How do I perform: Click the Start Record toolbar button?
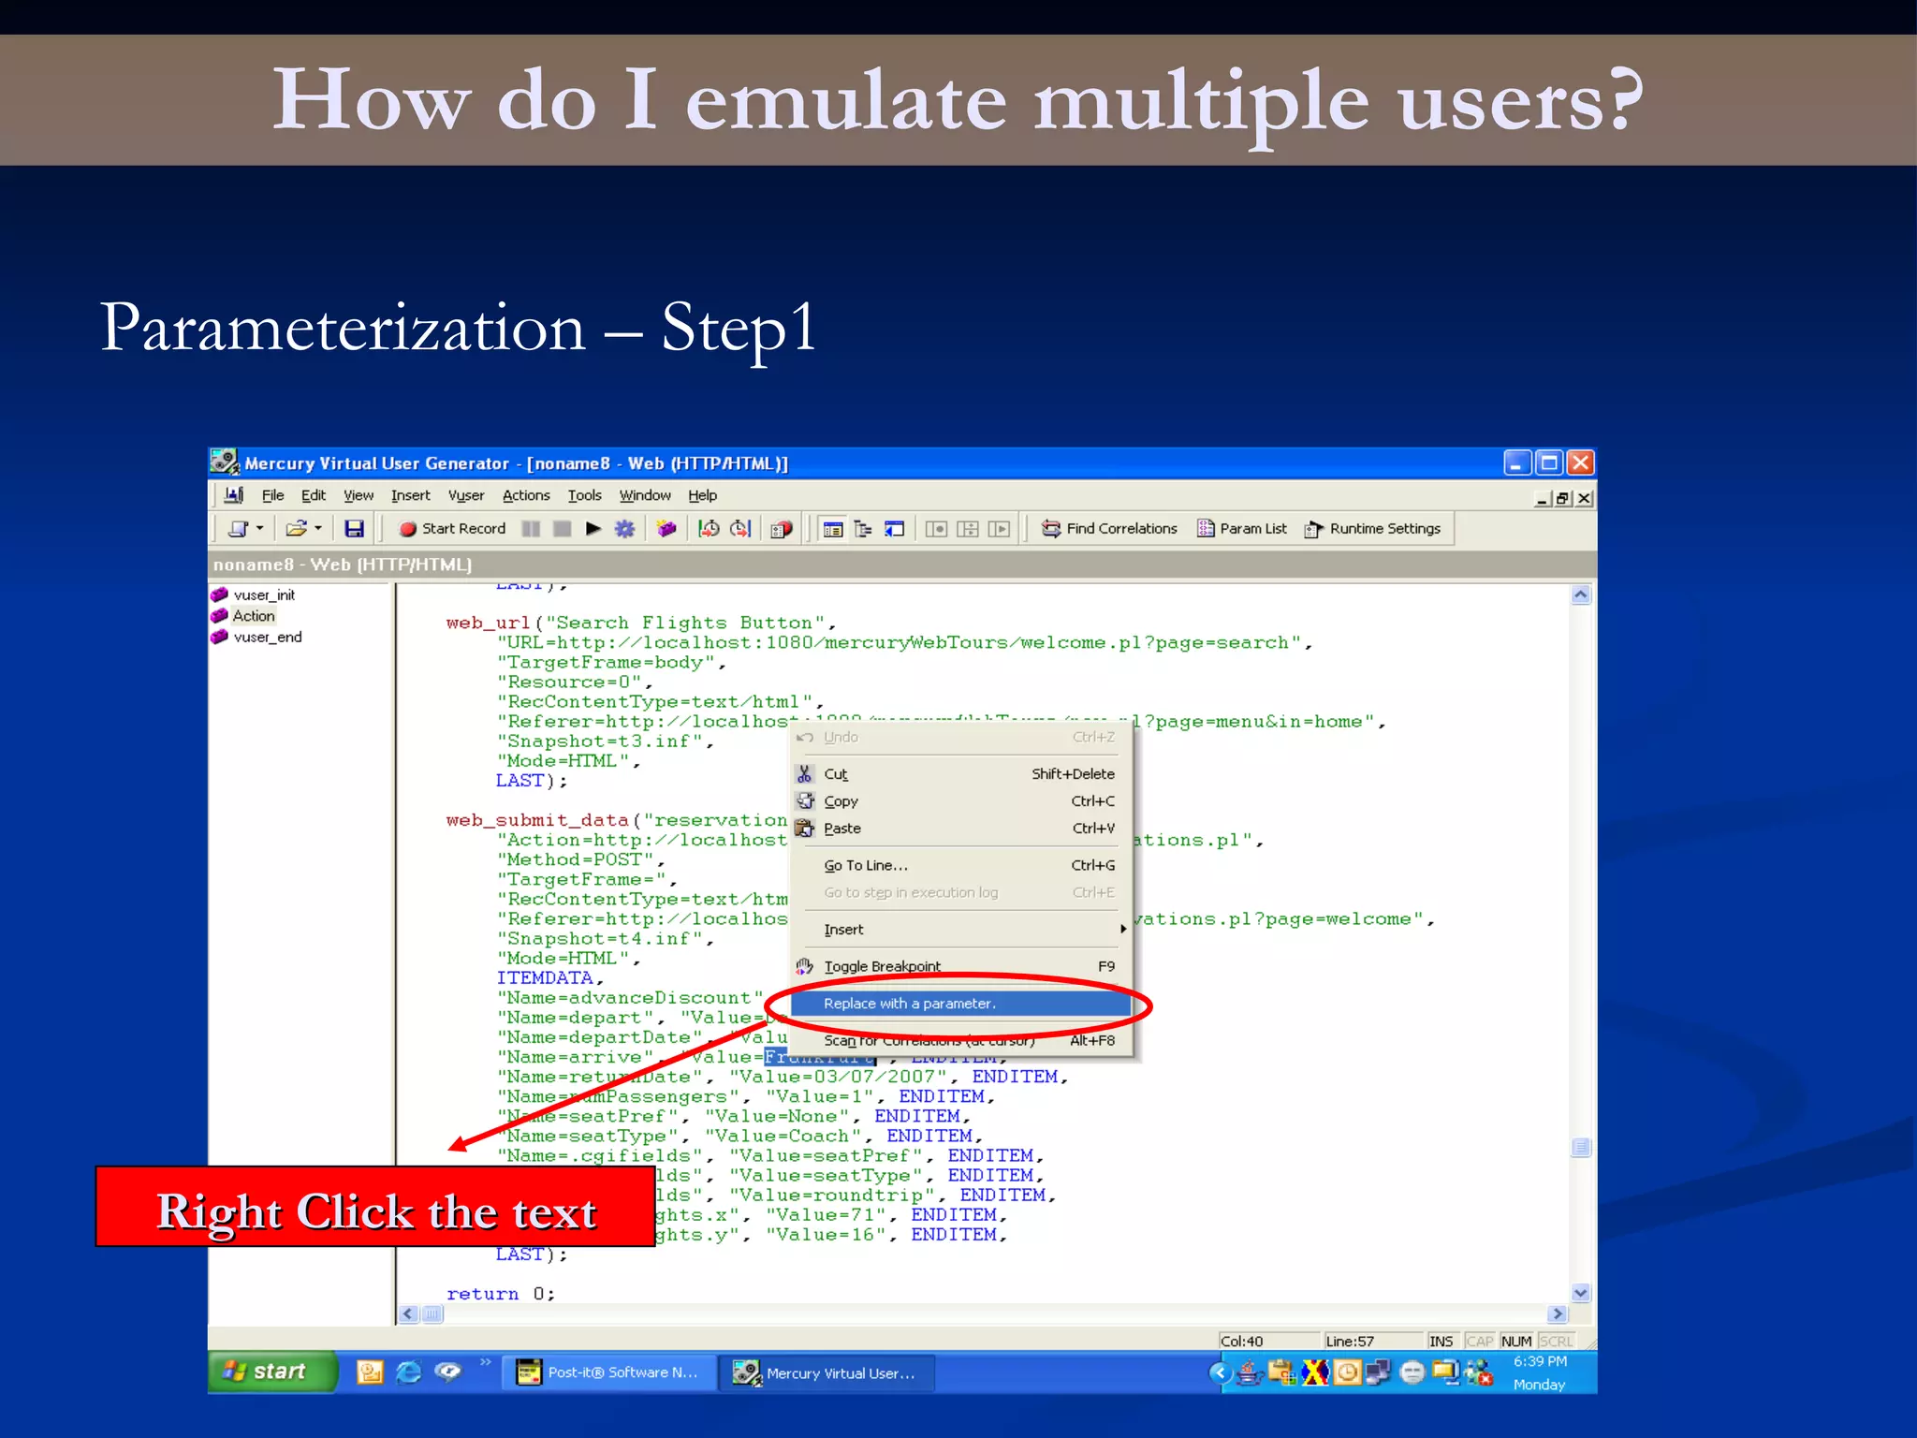(453, 529)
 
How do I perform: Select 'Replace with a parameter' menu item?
(908, 1004)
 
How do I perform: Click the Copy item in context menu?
(841, 801)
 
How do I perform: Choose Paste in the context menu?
(841, 829)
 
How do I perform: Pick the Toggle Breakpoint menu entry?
(882, 966)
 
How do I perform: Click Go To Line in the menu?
(865, 865)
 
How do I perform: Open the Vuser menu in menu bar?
(465, 495)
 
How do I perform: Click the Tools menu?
(584, 495)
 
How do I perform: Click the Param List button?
(1242, 529)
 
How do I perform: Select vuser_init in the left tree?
(264, 595)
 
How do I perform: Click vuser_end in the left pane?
(267, 638)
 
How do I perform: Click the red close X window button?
(1580, 462)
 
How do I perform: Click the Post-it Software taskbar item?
(610, 1372)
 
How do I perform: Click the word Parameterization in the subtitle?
(343, 329)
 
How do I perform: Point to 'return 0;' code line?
(500, 1294)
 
